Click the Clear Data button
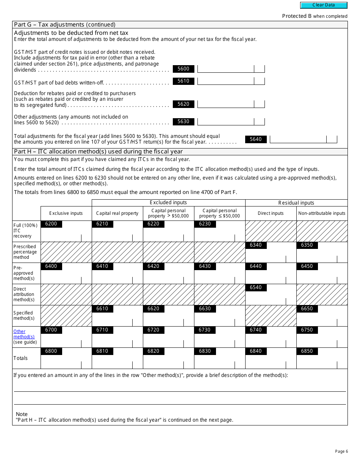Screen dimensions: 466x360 coord(324,5)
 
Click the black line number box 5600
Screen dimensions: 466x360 coord(183,69)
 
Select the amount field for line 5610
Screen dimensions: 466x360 coord(226,81)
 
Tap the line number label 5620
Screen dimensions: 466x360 coord(183,104)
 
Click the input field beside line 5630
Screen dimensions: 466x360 coord(226,122)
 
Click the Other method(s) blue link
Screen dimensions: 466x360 coord(24,334)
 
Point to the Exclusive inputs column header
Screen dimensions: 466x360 coord(66,213)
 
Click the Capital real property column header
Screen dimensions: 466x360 coord(117,213)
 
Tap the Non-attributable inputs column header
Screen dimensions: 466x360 coord(322,213)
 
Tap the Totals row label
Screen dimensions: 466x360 coord(20,358)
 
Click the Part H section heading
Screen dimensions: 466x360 coord(99,152)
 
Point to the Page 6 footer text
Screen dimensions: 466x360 coord(341,451)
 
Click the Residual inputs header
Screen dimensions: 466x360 coord(296,203)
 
